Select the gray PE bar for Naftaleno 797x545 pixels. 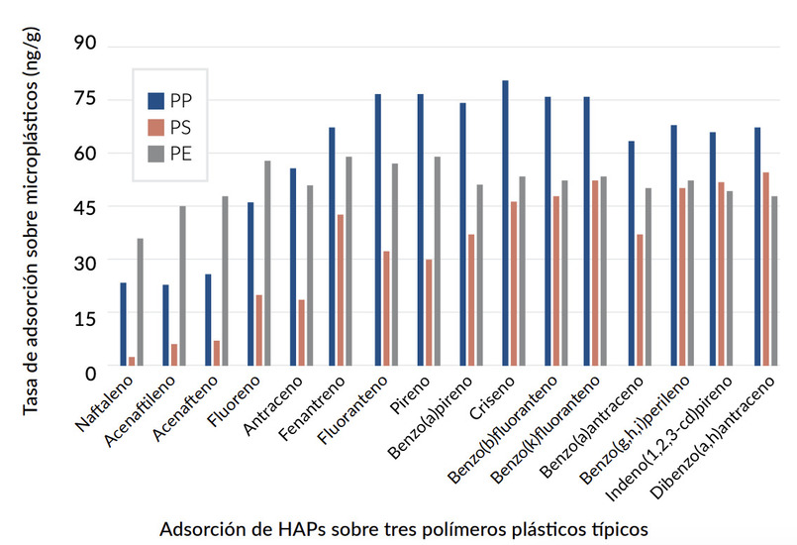140,301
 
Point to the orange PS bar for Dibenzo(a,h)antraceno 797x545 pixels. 765,269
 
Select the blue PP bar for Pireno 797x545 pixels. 420,230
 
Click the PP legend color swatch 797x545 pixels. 155,100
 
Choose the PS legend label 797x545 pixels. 181,127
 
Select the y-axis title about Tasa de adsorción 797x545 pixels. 30,209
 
